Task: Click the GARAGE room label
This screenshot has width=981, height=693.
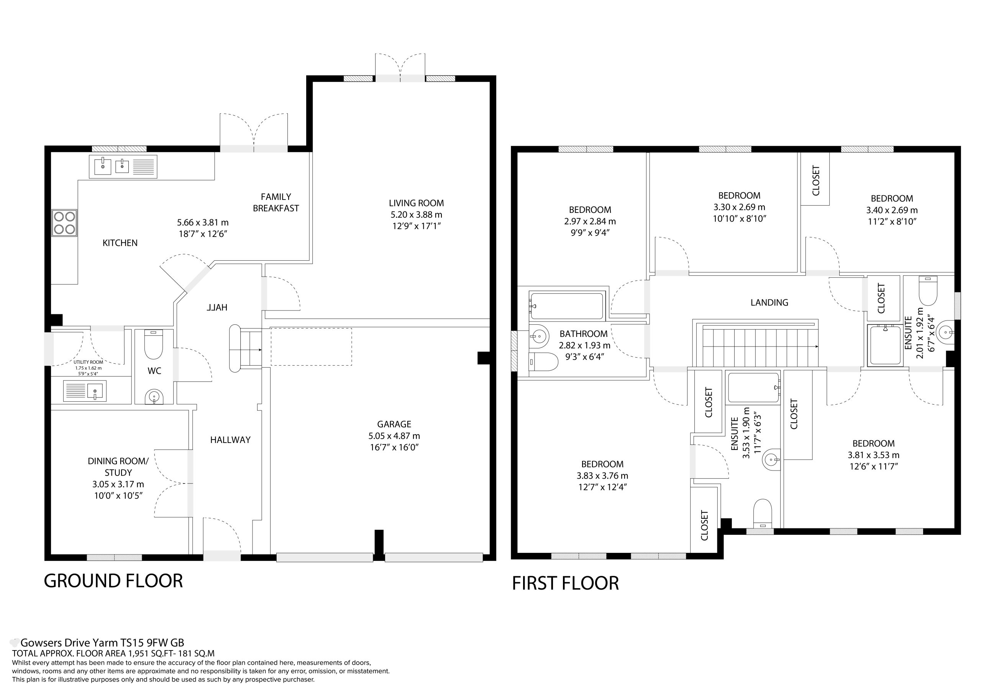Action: click(x=394, y=424)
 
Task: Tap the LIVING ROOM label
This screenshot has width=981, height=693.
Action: click(x=416, y=203)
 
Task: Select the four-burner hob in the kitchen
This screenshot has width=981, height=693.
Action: click(x=64, y=223)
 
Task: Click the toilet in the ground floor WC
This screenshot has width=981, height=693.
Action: click(x=154, y=344)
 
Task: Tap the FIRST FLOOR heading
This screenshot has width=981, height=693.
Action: click(x=565, y=583)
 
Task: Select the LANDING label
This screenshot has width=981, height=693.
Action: click(x=769, y=303)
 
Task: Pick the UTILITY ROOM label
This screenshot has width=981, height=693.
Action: click(x=88, y=362)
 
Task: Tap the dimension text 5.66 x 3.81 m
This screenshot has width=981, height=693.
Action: click(x=203, y=222)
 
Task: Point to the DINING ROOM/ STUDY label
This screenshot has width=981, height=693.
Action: click(x=118, y=467)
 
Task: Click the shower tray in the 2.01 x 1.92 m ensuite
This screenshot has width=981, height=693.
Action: click(x=885, y=345)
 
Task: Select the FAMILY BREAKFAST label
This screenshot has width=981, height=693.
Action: click(x=276, y=203)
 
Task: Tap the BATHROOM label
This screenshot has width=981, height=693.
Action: click(x=584, y=334)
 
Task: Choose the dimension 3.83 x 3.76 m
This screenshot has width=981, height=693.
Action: click(x=602, y=476)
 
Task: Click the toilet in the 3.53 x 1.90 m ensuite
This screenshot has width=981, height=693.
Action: click(x=763, y=514)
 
